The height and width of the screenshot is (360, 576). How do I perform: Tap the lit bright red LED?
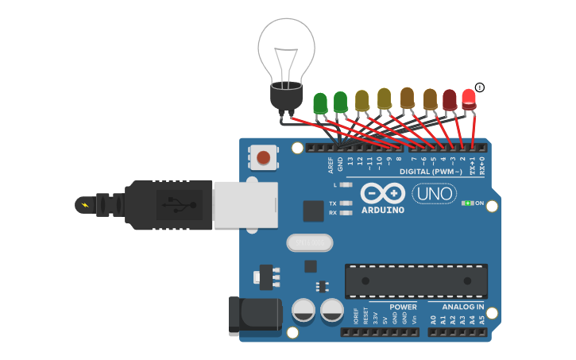[x=469, y=99]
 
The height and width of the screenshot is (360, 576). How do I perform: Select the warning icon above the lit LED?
[x=479, y=87]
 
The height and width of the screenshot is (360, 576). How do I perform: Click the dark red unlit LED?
[x=450, y=100]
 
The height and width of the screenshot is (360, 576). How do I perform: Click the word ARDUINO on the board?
[x=382, y=210]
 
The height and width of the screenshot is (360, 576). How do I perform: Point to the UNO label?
[x=434, y=193]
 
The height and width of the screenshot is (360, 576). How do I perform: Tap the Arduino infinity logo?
[x=383, y=193]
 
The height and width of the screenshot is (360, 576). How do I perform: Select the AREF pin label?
[x=331, y=165]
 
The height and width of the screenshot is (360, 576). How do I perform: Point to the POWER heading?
[x=403, y=307]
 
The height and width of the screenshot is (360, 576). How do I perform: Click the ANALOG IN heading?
[x=457, y=307]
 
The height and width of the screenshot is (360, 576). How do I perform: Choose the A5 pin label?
[x=481, y=320]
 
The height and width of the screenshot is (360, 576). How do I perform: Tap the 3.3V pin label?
[x=375, y=319]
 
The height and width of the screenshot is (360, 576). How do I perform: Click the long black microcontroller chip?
[x=416, y=281]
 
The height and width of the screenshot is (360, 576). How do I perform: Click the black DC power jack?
[x=254, y=315]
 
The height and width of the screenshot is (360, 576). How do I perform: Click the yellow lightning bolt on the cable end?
[x=83, y=205]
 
